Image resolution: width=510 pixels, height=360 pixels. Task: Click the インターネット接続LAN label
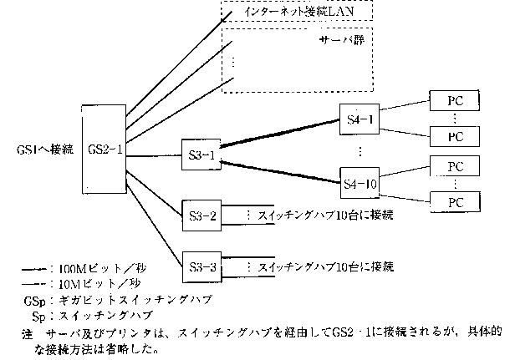click(x=296, y=13)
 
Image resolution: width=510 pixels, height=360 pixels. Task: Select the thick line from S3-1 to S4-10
click(x=280, y=169)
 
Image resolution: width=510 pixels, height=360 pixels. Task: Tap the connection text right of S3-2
click(x=323, y=215)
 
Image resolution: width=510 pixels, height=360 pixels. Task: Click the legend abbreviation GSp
click(x=33, y=300)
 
